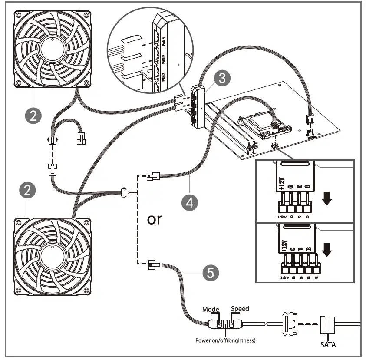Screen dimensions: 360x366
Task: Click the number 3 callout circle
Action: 222,78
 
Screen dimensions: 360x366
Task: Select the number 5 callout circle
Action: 211,273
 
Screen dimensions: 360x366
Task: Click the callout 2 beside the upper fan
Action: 33,115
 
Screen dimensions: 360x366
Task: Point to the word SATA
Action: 328,345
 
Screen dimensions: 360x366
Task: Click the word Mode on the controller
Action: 211,310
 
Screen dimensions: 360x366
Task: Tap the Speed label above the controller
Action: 240,309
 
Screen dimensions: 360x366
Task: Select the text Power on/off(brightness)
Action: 225,340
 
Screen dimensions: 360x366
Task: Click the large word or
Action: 155,219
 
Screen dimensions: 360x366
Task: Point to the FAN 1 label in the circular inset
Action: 164,43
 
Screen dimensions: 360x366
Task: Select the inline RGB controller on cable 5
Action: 225,324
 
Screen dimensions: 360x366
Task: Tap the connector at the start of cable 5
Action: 154,264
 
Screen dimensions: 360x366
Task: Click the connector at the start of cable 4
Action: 153,176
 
